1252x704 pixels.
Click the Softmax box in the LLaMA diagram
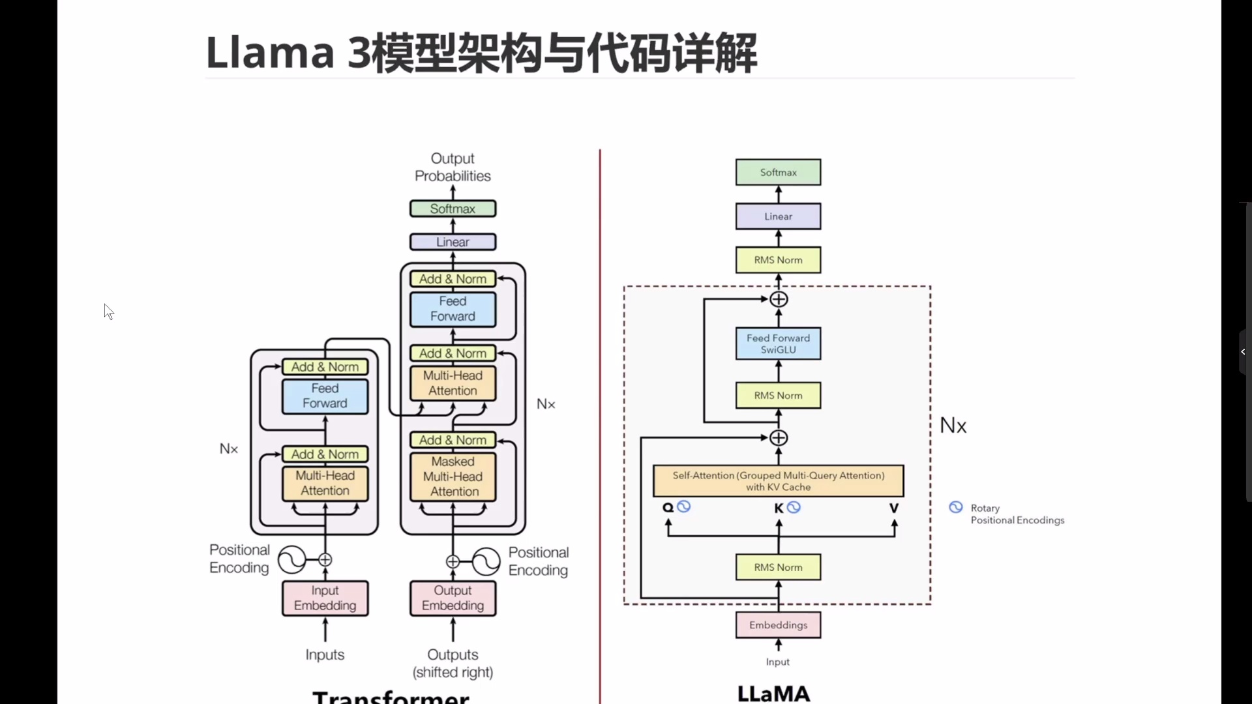click(778, 172)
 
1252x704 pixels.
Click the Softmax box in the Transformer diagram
click(453, 209)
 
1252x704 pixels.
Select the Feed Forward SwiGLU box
click(778, 344)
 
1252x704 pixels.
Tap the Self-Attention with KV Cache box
click(778, 481)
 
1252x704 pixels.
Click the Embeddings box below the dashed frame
click(778, 624)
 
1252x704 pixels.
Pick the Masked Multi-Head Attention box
click(453, 477)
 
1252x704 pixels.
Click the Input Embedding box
click(325, 598)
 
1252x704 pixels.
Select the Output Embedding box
click(453, 598)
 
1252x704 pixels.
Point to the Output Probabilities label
click(453, 168)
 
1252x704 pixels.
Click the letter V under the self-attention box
click(893, 508)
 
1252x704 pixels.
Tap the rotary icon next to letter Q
click(683, 506)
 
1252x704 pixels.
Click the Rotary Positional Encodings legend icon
click(955, 507)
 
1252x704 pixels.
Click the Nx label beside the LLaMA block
click(953, 426)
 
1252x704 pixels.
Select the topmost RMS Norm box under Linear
click(778, 260)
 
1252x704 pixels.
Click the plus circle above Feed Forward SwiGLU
click(779, 299)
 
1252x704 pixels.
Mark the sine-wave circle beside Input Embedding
click(291, 559)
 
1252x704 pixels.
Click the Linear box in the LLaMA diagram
click(778, 216)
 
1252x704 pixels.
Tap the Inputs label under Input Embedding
click(325, 654)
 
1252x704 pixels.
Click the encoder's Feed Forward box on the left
click(325, 396)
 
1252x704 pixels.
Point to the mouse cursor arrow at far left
click(108, 311)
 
